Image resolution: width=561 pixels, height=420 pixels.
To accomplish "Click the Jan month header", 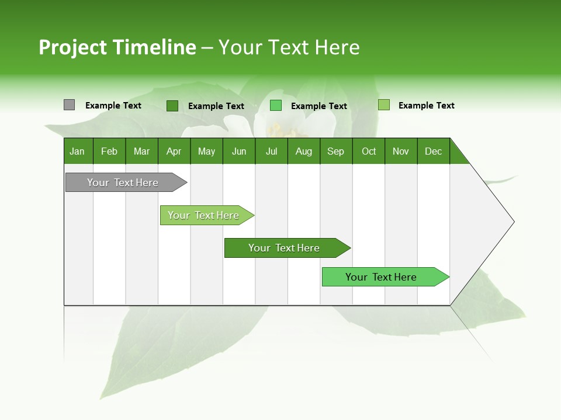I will (x=77, y=151).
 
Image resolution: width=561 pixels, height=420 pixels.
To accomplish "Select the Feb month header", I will (x=109, y=151).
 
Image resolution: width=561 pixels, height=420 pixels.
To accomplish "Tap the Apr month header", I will (x=174, y=151).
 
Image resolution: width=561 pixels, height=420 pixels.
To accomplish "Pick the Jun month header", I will (x=239, y=151).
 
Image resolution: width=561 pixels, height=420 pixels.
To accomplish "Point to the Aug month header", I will (x=303, y=151).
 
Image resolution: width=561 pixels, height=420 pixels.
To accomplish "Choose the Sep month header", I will (x=335, y=151).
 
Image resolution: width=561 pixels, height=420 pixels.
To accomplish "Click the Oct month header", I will (x=369, y=151).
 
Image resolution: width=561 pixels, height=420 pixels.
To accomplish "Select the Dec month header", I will (x=433, y=151).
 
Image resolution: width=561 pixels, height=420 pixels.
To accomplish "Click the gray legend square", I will (x=69, y=105).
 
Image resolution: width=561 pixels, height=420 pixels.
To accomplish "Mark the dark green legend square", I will (x=172, y=106).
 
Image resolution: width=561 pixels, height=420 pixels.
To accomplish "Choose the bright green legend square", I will (x=276, y=106).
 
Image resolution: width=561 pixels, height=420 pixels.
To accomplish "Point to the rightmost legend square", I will (x=383, y=105).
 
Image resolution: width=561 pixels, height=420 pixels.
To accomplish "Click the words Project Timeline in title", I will (x=117, y=47).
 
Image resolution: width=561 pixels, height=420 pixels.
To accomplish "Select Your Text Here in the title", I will (x=289, y=47).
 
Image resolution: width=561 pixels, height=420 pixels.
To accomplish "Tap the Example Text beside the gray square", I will (x=113, y=106).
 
